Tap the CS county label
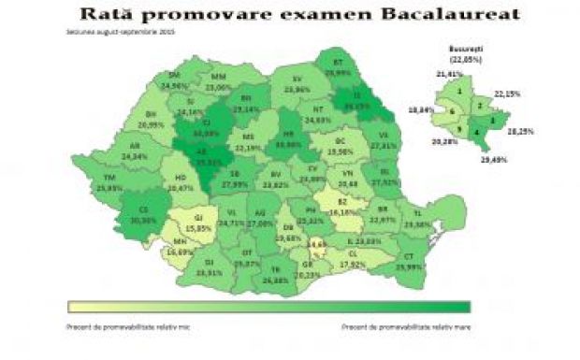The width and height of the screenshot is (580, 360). (142, 209)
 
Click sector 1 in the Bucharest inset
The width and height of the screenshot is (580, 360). (460, 92)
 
